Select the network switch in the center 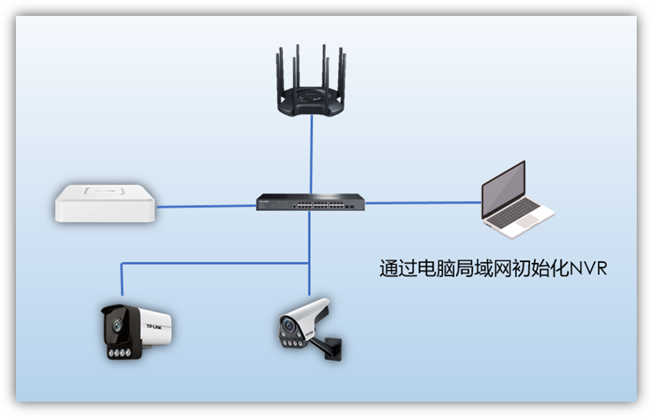(311, 202)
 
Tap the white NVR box (105, 203)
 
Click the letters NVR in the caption (588, 269)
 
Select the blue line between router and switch (311, 153)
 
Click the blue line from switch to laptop (422, 203)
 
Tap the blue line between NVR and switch (205, 206)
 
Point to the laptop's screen (503, 190)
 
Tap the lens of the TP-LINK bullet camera (115, 325)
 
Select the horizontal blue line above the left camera (214, 263)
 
